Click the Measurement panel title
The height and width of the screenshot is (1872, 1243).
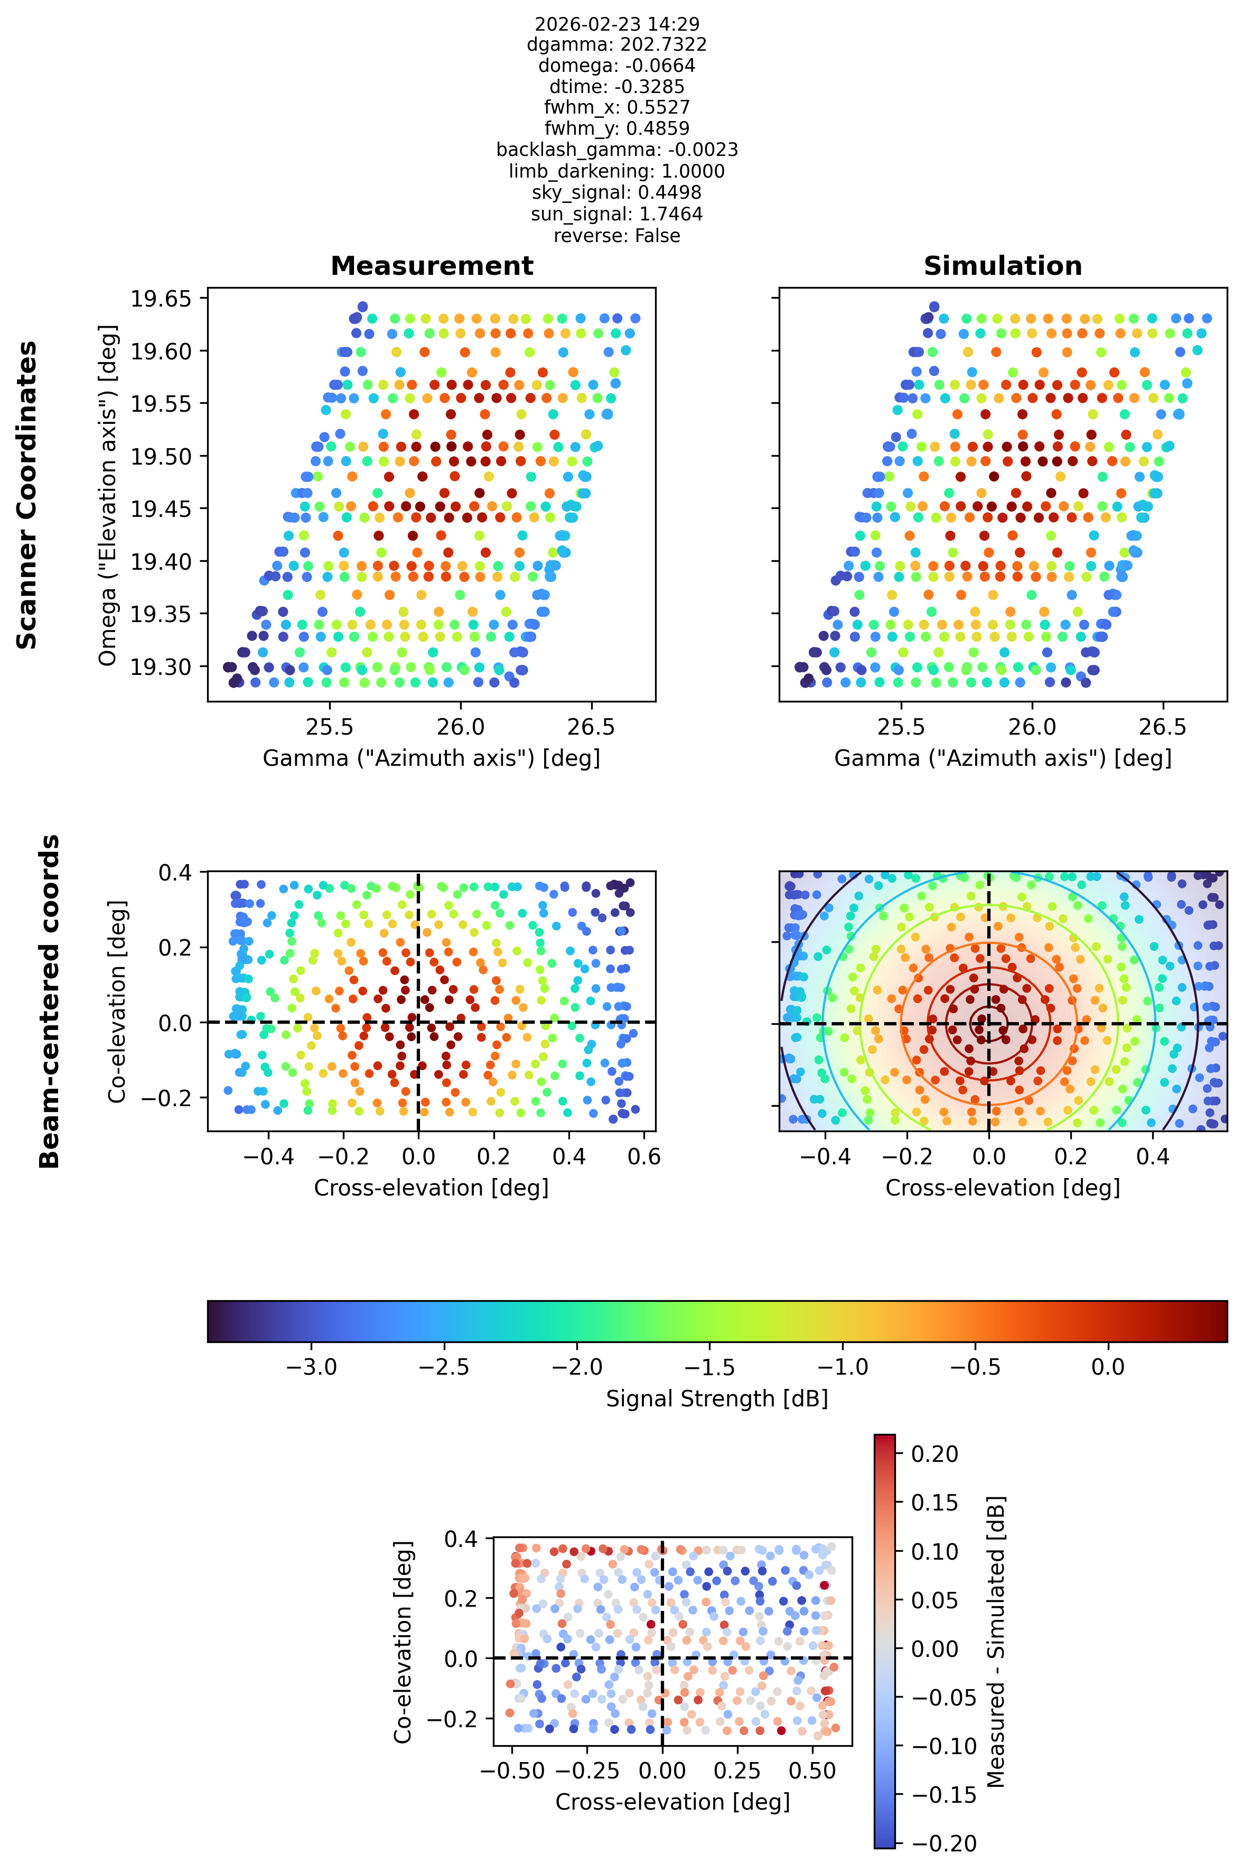432,266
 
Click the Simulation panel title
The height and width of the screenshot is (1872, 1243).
1003,266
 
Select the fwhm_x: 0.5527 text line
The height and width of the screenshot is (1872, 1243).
616,107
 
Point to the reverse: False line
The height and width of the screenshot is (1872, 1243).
616,236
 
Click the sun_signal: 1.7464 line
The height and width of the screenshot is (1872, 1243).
616,214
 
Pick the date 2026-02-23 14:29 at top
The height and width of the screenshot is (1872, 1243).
616,24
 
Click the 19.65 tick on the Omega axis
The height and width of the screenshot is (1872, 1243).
161,299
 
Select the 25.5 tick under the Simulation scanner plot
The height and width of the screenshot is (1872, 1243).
901,726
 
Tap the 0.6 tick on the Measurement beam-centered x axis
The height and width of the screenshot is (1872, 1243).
644,1157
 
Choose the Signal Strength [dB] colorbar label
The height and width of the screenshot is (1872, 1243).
717,1398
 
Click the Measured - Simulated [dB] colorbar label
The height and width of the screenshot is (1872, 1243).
996,1641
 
